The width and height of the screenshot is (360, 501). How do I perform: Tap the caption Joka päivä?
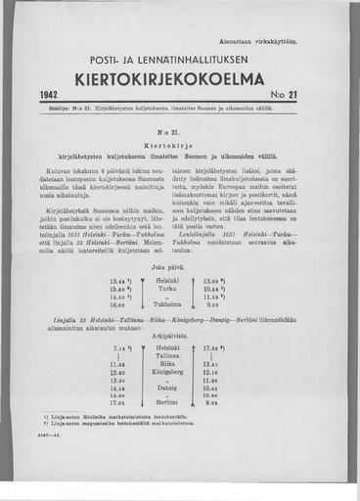(x=179, y=265)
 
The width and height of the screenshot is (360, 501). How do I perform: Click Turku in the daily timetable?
(x=178, y=289)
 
